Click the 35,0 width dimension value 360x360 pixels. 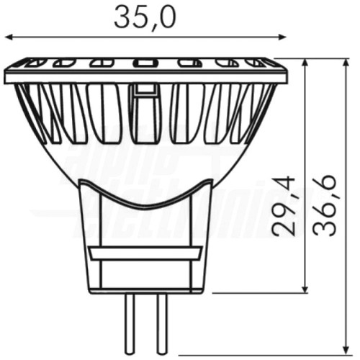pyautogui.click(x=145, y=17)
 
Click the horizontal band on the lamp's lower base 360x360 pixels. pyautogui.click(x=145, y=253)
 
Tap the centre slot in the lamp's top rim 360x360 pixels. pyautogui.click(x=145, y=63)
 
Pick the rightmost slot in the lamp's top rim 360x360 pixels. pyautogui.click(x=256, y=63)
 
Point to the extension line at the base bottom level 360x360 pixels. pyautogui.click(x=259, y=293)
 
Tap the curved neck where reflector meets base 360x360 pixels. pyautogui.click(x=145, y=198)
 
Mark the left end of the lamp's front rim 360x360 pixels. pyautogui.click(x=6, y=75)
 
